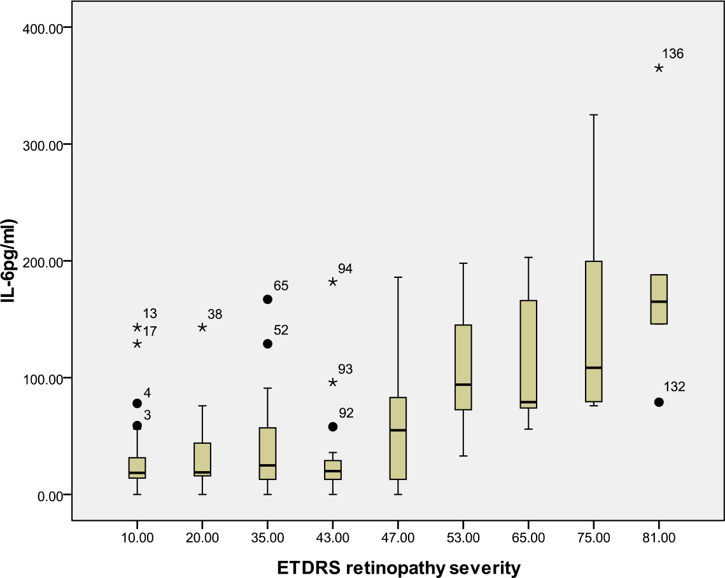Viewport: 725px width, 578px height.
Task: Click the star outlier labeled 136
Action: [659, 68]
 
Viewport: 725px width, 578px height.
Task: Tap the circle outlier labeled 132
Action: [659, 402]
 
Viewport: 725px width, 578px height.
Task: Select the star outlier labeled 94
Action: [333, 282]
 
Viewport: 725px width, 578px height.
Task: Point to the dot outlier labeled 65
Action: [267, 299]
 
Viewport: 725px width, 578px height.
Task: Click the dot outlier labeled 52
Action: [267, 344]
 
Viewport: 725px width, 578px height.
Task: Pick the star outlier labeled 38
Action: [202, 327]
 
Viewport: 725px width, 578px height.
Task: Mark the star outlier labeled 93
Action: [333, 382]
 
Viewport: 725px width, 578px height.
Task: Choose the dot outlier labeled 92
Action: [333, 427]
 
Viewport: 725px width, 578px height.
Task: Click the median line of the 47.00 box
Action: [398, 430]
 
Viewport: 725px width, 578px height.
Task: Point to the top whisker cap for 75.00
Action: [593, 115]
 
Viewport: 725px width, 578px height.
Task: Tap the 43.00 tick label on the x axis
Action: [333, 538]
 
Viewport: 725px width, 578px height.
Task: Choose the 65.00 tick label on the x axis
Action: [528, 538]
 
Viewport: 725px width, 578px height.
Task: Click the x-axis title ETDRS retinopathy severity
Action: [398, 566]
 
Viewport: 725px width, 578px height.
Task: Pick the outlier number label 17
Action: [150, 331]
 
